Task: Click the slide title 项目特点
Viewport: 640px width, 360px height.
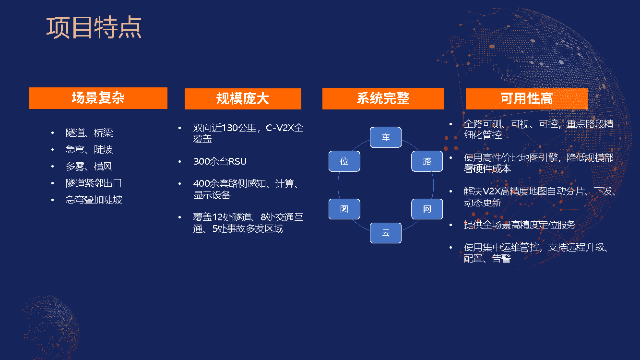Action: coord(94,27)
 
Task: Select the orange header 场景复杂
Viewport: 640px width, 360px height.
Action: coord(98,98)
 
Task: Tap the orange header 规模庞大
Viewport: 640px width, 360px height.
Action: coord(243,99)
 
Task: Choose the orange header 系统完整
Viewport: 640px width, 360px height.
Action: coord(383,98)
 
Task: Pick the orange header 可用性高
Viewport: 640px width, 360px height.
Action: coord(526,99)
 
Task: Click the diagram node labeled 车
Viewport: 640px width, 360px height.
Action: coord(386,137)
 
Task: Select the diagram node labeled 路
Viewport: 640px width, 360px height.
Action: coord(427,161)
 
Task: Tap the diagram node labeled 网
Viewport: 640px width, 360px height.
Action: coord(427,209)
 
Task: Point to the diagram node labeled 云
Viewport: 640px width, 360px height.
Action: coord(386,233)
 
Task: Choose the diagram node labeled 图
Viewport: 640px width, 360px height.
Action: coord(344,209)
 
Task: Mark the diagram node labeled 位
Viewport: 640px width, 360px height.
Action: coord(344,161)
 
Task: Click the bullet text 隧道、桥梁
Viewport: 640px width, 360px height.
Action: coord(89,133)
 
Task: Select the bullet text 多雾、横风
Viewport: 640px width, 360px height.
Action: coord(89,167)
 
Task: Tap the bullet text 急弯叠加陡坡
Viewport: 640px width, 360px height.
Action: coord(94,200)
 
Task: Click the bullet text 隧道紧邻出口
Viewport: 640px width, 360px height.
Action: coord(94,183)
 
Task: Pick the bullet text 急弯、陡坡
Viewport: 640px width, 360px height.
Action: coord(89,150)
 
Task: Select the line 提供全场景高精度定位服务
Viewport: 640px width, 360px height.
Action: coord(520,225)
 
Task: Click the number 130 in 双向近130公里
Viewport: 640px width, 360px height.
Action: coord(233,128)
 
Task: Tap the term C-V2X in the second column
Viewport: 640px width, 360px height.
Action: coord(281,128)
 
